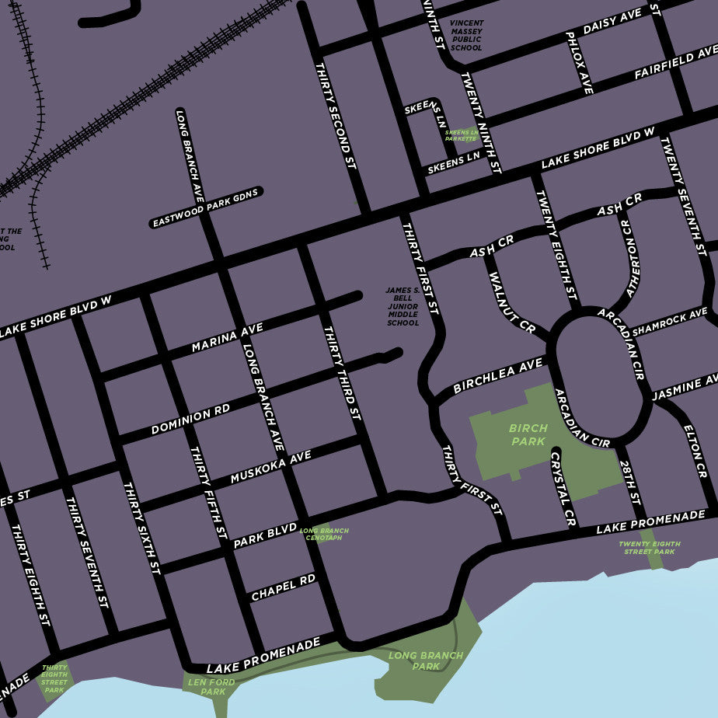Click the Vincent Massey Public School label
pyautogui.click(x=466, y=36)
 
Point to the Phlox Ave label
pyautogui.click(x=580, y=63)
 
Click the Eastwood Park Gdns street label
pyautogui.click(x=205, y=208)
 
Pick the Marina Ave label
pyautogui.click(x=227, y=338)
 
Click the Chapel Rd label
pyautogui.click(x=283, y=587)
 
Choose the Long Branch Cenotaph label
pyautogui.click(x=324, y=534)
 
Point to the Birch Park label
pyautogui.click(x=528, y=434)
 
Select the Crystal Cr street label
pyautogui.click(x=563, y=489)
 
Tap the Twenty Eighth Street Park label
pyautogui.click(x=650, y=547)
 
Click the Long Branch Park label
pyautogui.click(x=425, y=660)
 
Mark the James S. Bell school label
pyautogui.click(x=403, y=306)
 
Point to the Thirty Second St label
pyautogui.click(x=335, y=117)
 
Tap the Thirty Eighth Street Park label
pyautogui.click(x=54, y=678)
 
